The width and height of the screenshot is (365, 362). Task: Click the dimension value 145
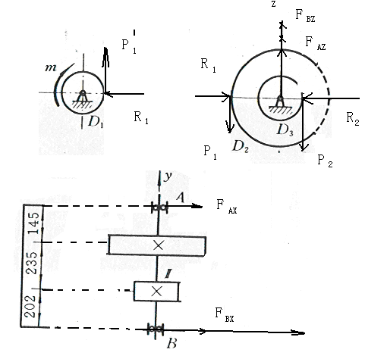coord(33,223)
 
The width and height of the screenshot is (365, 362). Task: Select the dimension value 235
coord(33,263)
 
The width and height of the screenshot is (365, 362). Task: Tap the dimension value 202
coord(30,306)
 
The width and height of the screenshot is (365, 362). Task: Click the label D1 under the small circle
coord(96,122)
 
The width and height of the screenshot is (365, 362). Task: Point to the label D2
coord(241,146)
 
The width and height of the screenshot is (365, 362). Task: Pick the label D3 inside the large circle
coord(285,130)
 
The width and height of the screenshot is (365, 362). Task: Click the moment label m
coord(51,67)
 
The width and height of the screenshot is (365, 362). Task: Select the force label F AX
coord(227,207)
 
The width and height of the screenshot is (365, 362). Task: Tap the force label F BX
coord(225,315)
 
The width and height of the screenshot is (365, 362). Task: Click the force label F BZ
coord(305,16)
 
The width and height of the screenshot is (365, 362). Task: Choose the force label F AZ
coord(316,43)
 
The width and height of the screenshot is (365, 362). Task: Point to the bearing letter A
coord(180,198)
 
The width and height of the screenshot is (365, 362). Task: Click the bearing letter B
coord(171,344)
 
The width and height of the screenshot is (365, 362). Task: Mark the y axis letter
coord(167,176)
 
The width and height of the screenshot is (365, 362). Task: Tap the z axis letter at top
coord(273,5)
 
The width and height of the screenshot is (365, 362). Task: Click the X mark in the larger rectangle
coord(159,245)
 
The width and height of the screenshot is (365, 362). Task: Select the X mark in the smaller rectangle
coord(156,292)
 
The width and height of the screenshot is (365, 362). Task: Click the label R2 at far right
coord(353,119)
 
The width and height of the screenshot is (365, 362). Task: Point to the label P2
coord(325,161)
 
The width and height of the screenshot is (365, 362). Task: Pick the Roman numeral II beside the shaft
coord(168,275)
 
